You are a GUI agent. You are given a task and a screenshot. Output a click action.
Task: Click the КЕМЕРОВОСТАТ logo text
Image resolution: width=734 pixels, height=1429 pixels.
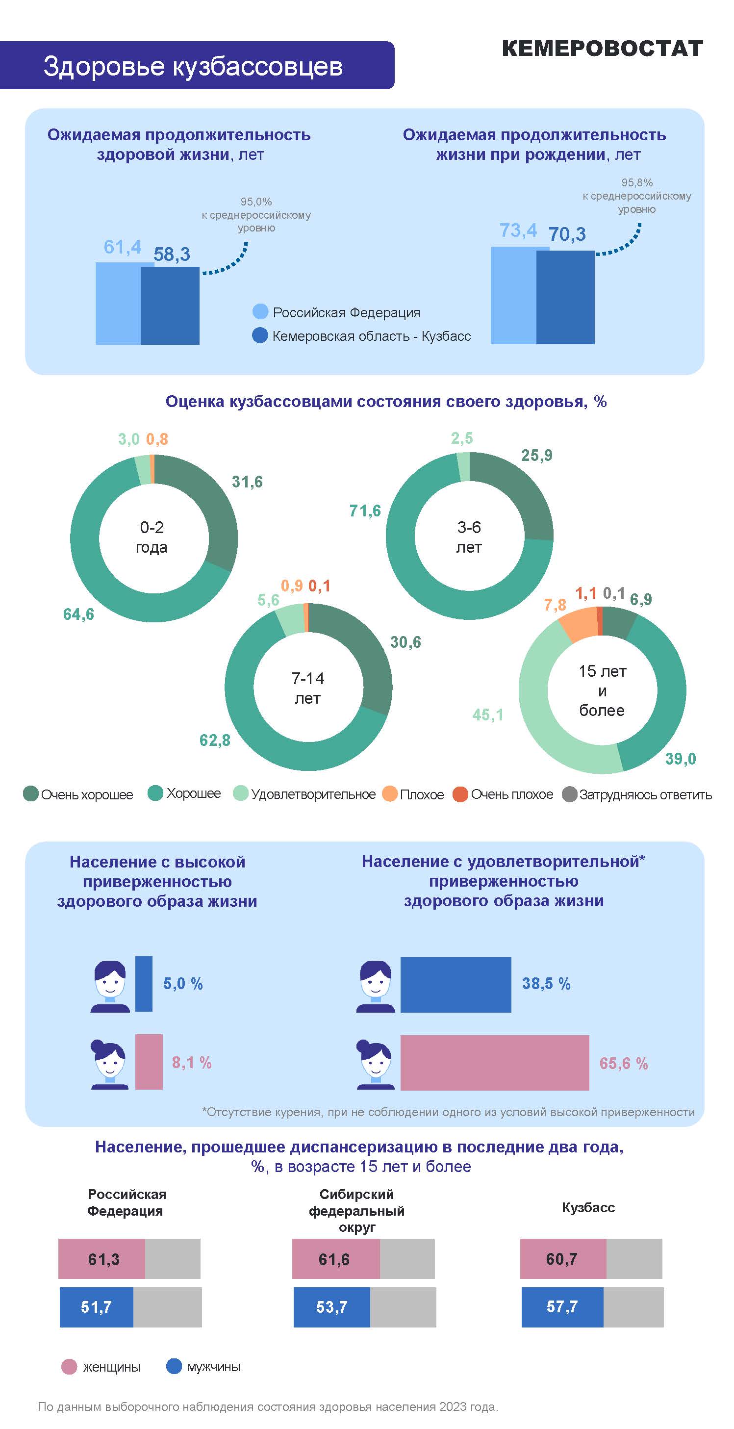(x=602, y=49)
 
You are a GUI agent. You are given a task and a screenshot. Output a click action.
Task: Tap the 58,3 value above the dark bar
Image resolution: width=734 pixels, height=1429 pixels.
(x=172, y=255)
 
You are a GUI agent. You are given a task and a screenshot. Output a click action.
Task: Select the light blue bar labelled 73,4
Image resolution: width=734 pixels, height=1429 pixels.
(x=514, y=295)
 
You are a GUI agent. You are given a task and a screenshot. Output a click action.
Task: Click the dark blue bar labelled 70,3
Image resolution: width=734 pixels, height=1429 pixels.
(x=565, y=297)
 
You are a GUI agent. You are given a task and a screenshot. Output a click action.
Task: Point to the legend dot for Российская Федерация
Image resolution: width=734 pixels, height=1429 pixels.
(x=260, y=312)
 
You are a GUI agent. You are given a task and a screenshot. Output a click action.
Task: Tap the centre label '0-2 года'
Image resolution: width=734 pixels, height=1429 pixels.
(x=152, y=537)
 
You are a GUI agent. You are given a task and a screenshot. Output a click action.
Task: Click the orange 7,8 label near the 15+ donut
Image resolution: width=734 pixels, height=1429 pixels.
(x=555, y=605)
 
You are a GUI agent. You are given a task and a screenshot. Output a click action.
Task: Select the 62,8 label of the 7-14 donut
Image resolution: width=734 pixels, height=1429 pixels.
(x=215, y=740)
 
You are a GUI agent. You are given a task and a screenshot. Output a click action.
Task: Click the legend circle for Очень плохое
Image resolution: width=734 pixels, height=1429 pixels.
(x=460, y=794)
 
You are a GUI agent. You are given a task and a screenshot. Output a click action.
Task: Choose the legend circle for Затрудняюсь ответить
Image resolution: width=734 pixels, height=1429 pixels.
(x=569, y=794)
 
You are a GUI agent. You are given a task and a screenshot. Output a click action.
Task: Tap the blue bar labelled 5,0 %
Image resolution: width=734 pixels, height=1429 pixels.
(x=144, y=984)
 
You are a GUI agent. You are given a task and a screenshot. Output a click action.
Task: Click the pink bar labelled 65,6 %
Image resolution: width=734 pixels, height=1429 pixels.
(x=494, y=1062)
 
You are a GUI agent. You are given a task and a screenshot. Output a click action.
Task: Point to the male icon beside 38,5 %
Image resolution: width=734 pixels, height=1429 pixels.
(x=375, y=986)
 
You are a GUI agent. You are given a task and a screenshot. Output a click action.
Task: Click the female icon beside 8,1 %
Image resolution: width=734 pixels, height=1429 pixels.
(x=109, y=1065)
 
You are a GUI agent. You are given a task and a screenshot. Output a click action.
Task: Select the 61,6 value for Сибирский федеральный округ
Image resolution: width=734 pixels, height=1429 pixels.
(x=334, y=1259)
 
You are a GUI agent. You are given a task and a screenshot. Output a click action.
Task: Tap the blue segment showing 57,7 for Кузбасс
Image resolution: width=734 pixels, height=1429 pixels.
(x=562, y=1307)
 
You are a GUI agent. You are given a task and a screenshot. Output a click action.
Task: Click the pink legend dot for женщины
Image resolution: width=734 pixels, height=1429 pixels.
(x=69, y=1367)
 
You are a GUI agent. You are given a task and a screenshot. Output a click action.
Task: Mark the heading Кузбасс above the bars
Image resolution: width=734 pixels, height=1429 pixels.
(x=588, y=1208)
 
